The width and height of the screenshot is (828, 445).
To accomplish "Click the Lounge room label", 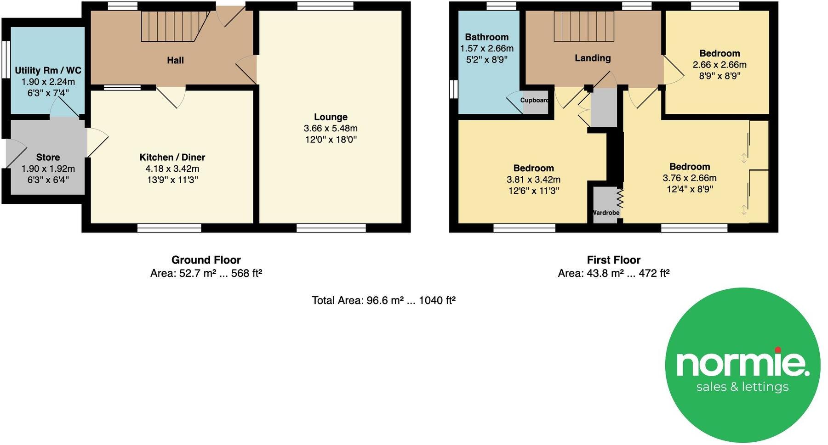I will click(331, 117).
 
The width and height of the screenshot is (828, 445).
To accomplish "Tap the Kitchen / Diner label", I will click(172, 157).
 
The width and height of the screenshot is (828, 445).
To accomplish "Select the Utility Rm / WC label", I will click(48, 70).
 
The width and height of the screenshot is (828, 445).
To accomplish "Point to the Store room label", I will click(48, 157).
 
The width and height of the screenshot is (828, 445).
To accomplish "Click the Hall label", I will click(175, 60).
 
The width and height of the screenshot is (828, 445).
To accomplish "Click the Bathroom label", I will click(486, 37).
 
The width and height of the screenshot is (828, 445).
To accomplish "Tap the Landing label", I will click(593, 58).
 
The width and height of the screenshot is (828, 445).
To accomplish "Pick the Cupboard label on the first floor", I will click(535, 100).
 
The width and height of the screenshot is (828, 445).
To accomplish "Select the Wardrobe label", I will click(606, 213).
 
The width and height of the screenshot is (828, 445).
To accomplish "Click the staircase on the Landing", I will click(583, 26).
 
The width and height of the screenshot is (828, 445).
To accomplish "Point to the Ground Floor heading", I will click(206, 260).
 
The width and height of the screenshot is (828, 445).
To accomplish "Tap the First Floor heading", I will click(613, 260).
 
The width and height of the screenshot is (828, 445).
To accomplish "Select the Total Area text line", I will click(383, 300).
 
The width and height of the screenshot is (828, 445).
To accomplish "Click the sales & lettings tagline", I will click(742, 387).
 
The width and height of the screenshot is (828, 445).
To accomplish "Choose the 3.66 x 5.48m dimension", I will click(331, 129).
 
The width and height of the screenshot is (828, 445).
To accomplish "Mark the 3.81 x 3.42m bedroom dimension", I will click(533, 180).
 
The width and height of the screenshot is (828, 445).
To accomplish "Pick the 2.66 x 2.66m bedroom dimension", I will click(720, 65).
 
